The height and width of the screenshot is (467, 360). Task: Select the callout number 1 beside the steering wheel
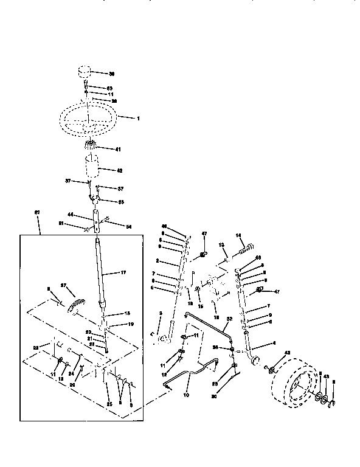[x=138, y=118]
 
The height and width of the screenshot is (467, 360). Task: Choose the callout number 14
[x=239, y=235]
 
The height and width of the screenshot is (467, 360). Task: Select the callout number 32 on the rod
[x=229, y=318]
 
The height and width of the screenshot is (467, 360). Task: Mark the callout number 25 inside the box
[x=109, y=404]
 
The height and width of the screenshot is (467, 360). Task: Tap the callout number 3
[x=161, y=314]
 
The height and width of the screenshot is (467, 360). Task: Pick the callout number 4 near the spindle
[x=274, y=343]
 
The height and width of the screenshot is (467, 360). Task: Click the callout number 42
[x=120, y=171]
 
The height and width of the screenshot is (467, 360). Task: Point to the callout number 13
[x=222, y=245]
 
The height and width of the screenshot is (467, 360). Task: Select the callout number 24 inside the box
[x=71, y=374]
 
